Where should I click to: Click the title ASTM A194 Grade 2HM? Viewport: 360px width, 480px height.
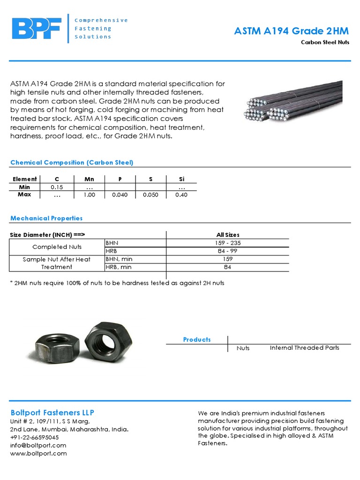[x=292, y=31]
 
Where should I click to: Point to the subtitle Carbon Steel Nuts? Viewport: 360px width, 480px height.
[x=325, y=42]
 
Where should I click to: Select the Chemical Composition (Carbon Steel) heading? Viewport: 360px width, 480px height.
[x=72, y=162]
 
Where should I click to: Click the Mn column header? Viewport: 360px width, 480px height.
[x=89, y=179]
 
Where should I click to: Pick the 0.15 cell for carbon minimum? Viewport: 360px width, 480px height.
[x=57, y=187]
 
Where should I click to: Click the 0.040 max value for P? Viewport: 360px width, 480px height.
[x=120, y=195]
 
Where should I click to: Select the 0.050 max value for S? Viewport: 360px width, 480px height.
[x=150, y=195]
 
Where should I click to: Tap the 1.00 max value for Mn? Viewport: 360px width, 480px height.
[x=89, y=195]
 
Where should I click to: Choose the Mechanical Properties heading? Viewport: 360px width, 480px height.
[x=46, y=218]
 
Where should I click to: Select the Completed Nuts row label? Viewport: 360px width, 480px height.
[x=57, y=247]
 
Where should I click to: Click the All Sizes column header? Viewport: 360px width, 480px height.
[x=227, y=235]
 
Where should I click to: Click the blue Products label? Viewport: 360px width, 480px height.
[x=197, y=339]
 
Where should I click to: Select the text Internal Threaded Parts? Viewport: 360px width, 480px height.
[x=304, y=347]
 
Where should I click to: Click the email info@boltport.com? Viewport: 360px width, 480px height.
[x=38, y=445]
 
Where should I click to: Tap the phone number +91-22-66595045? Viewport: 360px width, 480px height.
[x=34, y=437]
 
